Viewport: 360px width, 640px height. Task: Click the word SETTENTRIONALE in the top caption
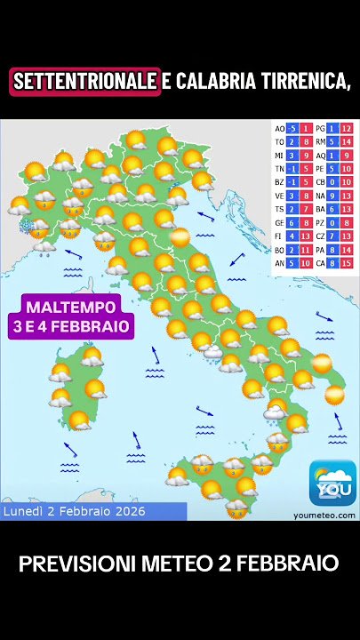point(85,82)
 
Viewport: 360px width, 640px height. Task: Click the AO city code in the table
point(280,128)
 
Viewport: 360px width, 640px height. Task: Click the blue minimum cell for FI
point(292,236)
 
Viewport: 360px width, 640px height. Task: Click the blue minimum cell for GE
point(292,222)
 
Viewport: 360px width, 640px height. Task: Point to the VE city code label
point(280,196)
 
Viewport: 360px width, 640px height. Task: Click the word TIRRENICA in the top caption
point(299,82)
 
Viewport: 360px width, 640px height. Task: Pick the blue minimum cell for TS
point(292,209)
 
